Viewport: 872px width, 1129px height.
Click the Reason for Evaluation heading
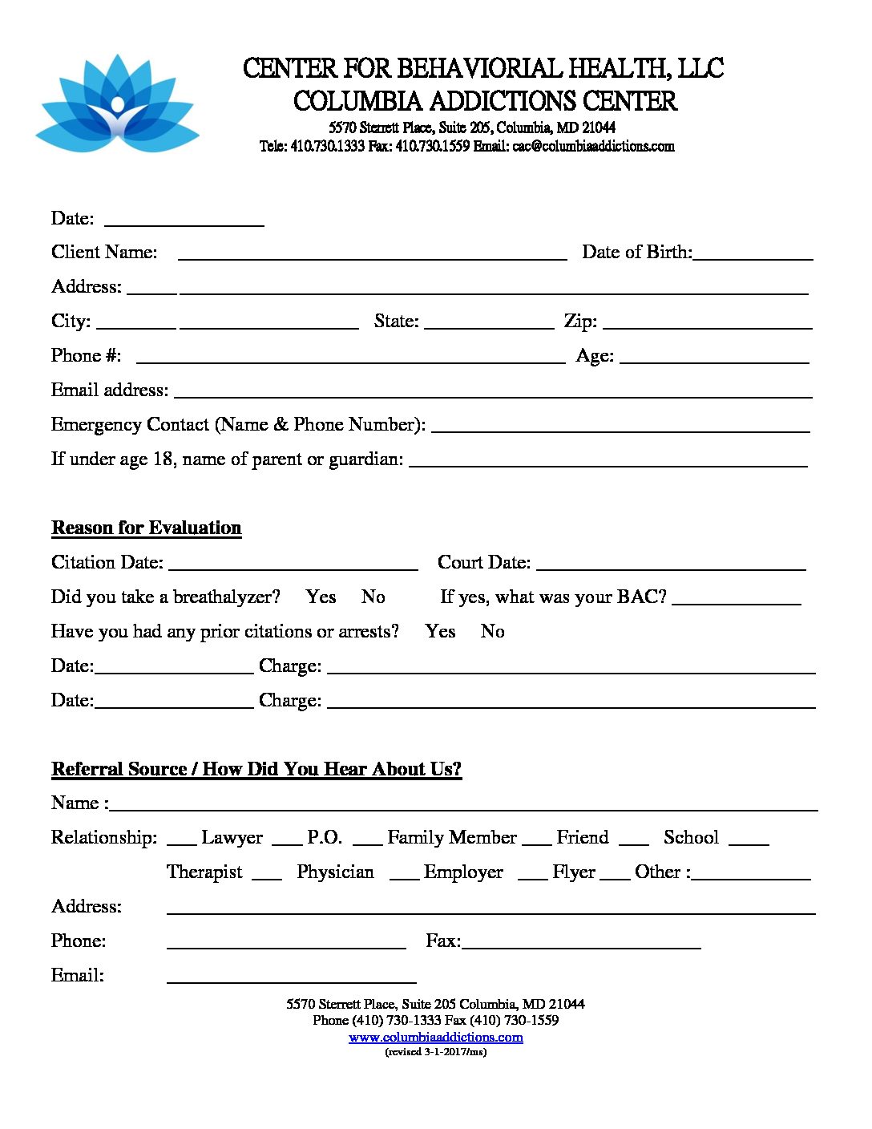pos(147,528)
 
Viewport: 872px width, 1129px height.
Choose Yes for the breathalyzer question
pos(321,597)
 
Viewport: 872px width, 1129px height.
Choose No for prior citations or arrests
pos(492,631)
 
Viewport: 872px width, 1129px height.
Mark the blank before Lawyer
pos(181,842)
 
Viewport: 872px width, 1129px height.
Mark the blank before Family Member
pos(367,842)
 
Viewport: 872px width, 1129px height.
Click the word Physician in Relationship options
pos(335,872)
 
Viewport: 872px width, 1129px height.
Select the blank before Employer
pos(404,876)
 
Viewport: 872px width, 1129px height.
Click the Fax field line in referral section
pos(581,945)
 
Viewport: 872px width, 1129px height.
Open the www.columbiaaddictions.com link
pos(436,1037)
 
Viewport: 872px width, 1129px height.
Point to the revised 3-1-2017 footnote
pos(436,1052)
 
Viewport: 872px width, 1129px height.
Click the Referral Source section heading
pos(256,769)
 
